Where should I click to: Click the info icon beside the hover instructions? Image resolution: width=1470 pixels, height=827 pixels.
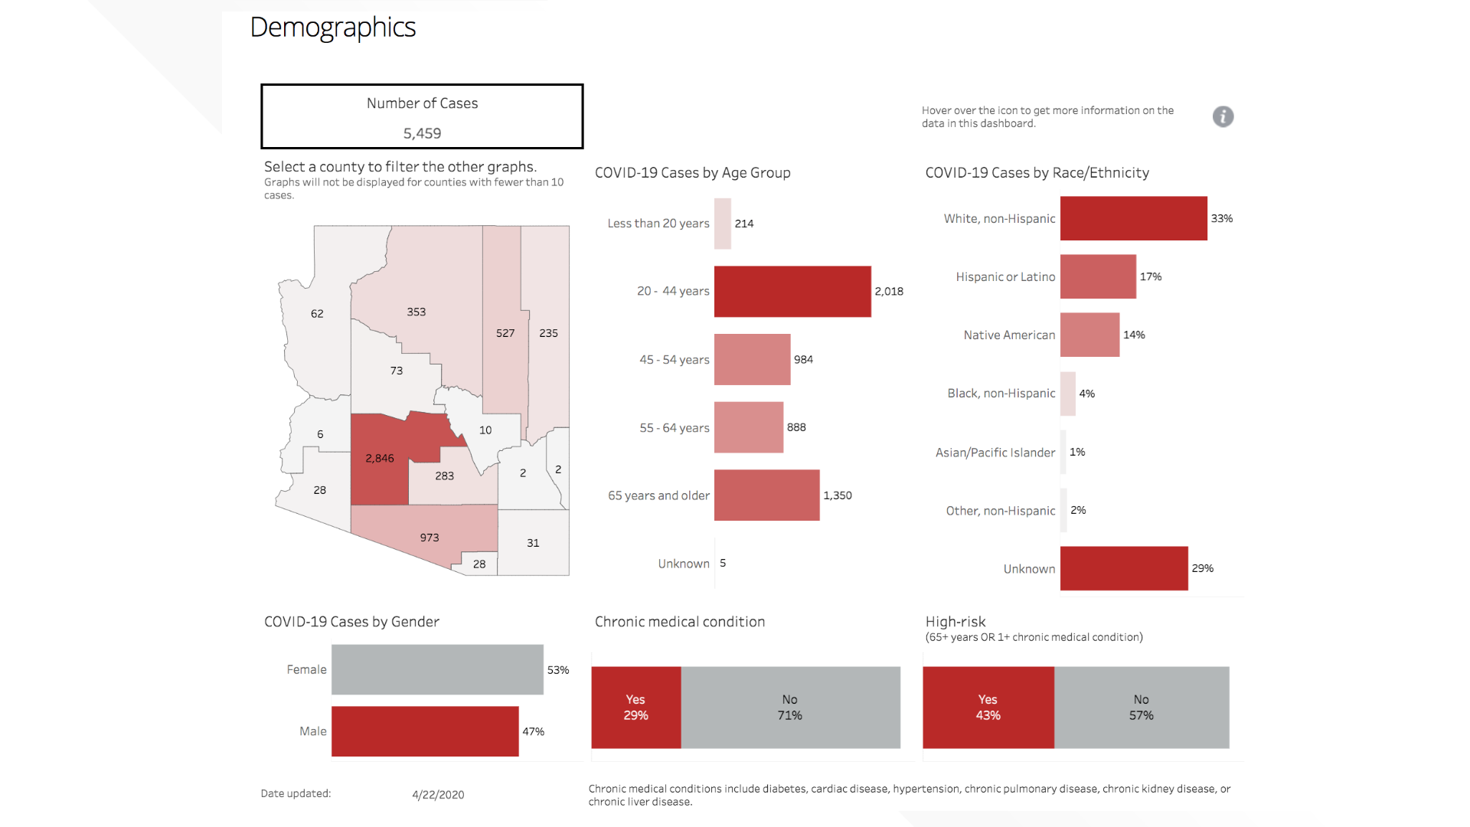point(1223,116)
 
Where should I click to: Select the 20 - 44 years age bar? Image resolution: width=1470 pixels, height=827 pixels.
point(792,292)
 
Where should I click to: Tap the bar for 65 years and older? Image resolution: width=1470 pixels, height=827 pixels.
point(766,495)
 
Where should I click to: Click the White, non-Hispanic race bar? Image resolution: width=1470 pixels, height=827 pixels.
point(1133,218)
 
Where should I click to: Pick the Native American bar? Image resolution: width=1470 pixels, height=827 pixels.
point(1089,335)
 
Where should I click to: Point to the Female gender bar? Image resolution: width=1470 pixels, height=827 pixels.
point(437,669)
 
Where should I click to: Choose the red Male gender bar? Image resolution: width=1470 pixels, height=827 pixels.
point(425,731)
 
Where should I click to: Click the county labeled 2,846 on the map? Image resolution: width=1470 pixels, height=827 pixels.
point(380,459)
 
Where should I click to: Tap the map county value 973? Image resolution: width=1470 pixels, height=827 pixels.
point(430,538)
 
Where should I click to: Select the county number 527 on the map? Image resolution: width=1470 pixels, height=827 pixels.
point(505,333)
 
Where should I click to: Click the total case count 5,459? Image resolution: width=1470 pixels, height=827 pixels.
point(422,133)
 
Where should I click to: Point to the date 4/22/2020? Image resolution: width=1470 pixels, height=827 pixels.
point(438,795)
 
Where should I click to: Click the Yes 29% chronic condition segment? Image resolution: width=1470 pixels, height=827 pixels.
point(635,708)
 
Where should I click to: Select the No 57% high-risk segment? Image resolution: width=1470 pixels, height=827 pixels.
point(1141,708)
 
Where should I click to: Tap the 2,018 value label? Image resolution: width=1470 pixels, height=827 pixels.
point(889,292)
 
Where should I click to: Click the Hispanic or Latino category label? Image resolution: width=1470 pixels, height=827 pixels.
point(1005,277)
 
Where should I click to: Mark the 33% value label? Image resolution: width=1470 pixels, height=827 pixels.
point(1221,219)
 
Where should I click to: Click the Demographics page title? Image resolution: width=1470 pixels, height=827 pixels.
point(333,28)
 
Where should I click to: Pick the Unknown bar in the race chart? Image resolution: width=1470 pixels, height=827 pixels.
point(1123,568)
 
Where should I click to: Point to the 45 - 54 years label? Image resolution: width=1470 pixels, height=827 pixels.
point(674,360)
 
